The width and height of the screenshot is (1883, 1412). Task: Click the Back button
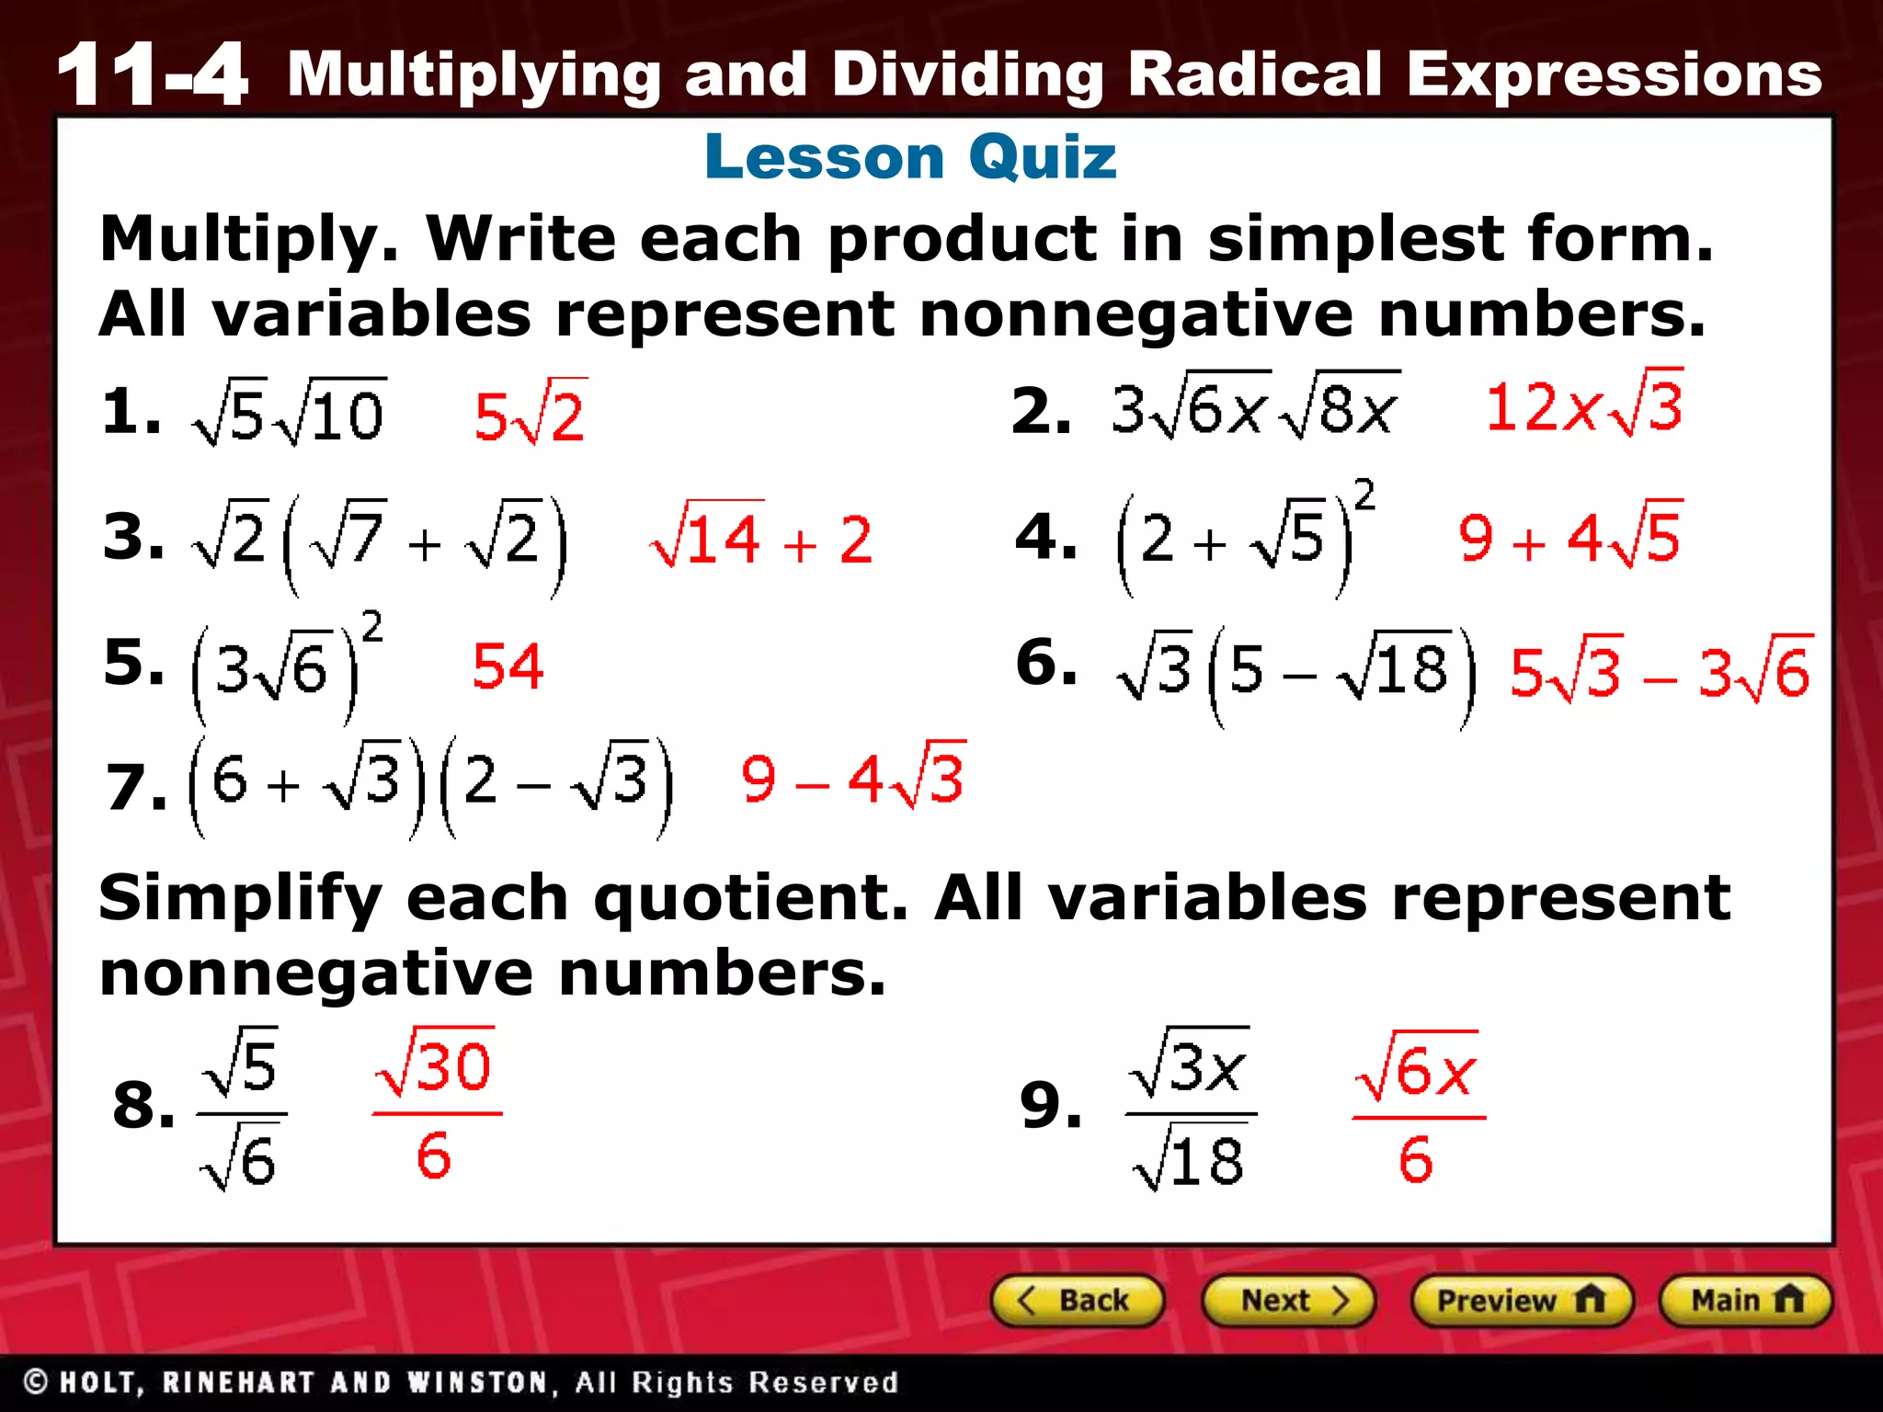point(1078,1301)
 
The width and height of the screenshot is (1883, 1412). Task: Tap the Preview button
point(1521,1301)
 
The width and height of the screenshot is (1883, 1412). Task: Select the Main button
point(1745,1301)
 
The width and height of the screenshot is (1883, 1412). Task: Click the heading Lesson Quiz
point(910,157)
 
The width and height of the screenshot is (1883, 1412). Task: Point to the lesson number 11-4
point(152,75)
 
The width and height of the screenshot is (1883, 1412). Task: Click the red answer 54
point(508,666)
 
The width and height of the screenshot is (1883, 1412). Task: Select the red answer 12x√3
point(1584,406)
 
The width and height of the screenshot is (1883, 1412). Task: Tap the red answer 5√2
point(530,414)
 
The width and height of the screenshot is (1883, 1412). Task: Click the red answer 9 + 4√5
point(1570,537)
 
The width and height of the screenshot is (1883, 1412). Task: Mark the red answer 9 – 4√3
point(853,778)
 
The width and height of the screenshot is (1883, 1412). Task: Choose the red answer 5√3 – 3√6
point(1660,671)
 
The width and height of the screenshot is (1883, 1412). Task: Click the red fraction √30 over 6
point(436,1112)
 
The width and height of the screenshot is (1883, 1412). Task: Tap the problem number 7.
point(136,789)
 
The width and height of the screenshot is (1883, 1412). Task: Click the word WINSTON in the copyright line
point(479,1383)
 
